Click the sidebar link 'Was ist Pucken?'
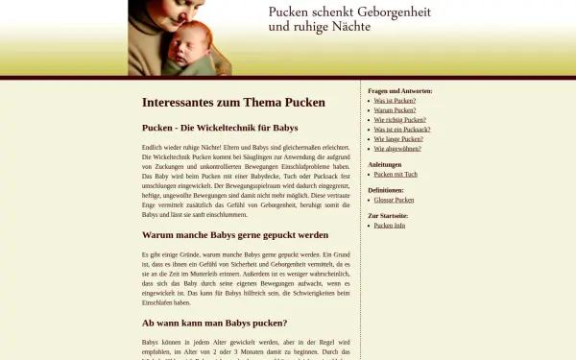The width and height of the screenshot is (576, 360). pyautogui.click(x=395, y=101)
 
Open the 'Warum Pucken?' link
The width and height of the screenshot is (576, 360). pyautogui.click(x=395, y=110)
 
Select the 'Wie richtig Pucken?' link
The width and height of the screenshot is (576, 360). pyautogui.click(x=399, y=120)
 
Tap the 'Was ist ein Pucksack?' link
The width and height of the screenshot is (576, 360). pyautogui.click(x=402, y=130)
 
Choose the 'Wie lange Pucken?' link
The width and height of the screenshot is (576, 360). pyautogui.click(x=397, y=139)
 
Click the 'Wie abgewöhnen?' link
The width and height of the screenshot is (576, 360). pyautogui.click(x=396, y=149)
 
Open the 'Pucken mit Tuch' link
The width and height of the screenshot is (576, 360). pyautogui.click(x=396, y=175)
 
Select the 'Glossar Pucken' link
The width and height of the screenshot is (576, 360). pyautogui.click(x=394, y=200)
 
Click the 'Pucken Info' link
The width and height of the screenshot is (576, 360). pyautogui.click(x=389, y=226)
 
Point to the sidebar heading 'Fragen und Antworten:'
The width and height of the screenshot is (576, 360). pyautogui.click(x=399, y=91)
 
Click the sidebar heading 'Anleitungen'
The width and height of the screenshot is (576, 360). pyautogui.click(x=384, y=165)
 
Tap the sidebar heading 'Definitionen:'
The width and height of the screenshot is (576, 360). pyautogui.click(x=385, y=190)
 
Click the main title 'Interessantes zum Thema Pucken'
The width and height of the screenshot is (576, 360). pyautogui.click(x=233, y=103)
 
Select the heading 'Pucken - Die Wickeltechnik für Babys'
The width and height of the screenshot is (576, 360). pyautogui.click(x=220, y=128)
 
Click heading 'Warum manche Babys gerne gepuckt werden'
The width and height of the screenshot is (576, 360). pyautogui.click(x=234, y=234)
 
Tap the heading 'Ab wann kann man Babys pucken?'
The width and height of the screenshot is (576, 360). pyautogui.click(x=214, y=323)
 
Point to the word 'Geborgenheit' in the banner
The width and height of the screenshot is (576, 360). pyautogui.click(x=395, y=12)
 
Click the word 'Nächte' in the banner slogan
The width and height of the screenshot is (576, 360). pyautogui.click(x=349, y=27)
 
